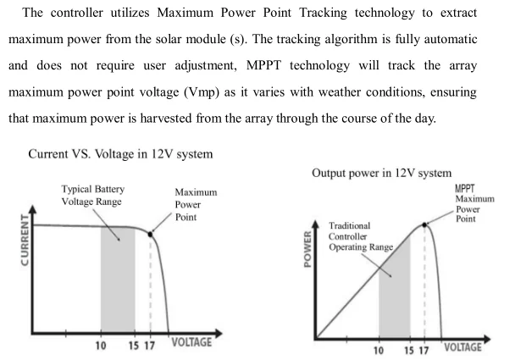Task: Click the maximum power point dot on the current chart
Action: pos(151,233)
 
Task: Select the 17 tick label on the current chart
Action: pos(151,346)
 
